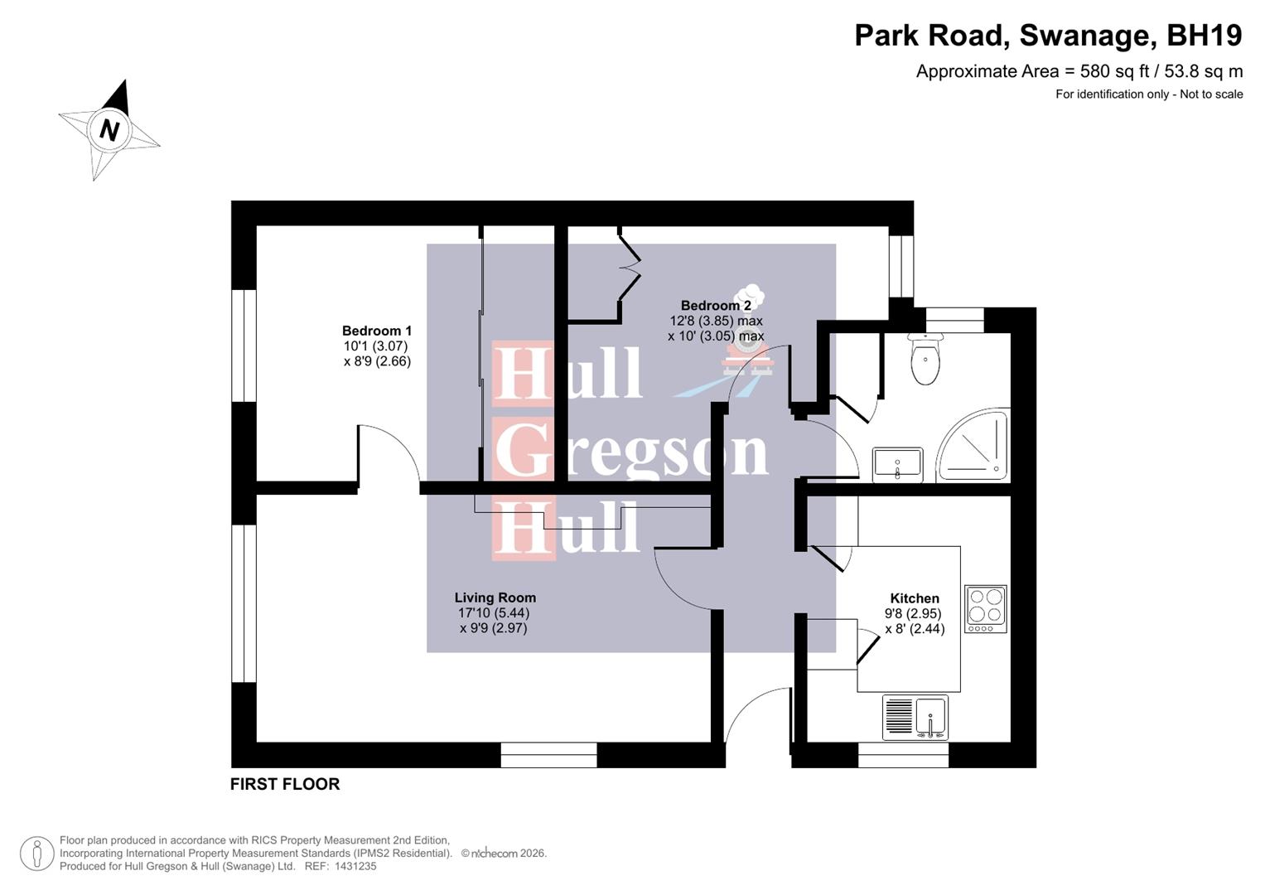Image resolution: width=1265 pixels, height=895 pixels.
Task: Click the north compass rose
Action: [x=109, y=130]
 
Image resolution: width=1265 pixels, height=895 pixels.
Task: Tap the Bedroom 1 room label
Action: [x=377, y=331]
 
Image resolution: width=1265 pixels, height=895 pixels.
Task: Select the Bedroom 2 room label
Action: [x=715, y=306]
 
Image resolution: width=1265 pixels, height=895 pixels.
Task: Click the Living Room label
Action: [x=495, y=597]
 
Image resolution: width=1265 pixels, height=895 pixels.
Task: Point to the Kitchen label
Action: [x=915, y=598]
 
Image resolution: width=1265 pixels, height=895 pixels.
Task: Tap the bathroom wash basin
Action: [x=897, y=464]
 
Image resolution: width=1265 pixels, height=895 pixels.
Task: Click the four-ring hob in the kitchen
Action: [x=986, y=609]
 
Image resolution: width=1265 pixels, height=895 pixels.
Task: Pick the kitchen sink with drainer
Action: [x=915, y=717]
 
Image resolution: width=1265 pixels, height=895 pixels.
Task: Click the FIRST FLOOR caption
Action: [x=285, y=784]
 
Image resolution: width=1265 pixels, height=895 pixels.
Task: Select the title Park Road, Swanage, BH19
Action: [x=1048, y=36]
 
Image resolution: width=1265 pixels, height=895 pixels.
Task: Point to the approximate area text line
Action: [x=1079, y=71]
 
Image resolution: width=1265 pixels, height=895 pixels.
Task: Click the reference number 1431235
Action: [x=355, y=866]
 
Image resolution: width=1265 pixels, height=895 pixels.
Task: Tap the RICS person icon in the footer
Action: [x=36, y=854]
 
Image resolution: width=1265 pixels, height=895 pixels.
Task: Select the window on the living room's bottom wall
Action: [x=548, y=755]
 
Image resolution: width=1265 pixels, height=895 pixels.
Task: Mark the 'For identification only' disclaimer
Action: [x=1148, y=94]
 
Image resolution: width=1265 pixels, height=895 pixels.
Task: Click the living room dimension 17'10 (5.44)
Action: [x=494, y=613]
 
